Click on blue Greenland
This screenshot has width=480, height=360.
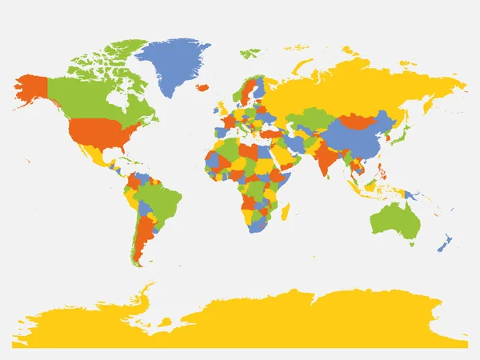pos(172,64)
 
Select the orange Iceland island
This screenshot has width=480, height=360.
pos(203,86)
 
